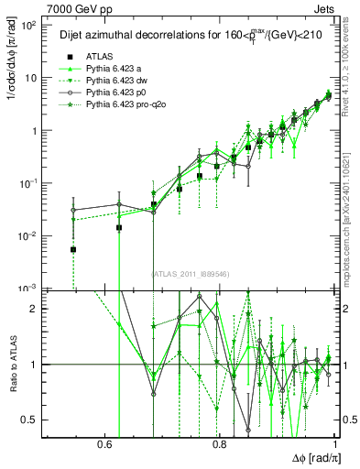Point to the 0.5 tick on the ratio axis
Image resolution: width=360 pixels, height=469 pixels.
32,420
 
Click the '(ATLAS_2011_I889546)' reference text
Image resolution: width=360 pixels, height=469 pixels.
191,273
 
